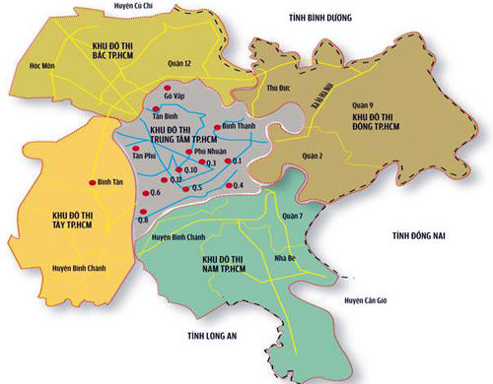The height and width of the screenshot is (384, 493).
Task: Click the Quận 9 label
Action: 366,106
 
